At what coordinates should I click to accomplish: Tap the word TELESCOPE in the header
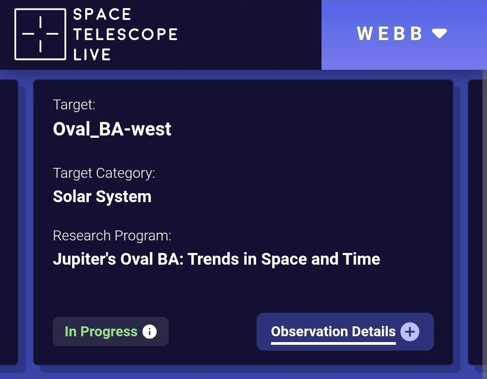tap(125, 34)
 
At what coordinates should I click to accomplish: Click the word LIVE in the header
tap(92, 54)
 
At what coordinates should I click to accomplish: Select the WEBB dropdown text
tap(390, 33)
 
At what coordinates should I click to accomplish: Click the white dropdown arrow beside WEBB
tap(440, 33)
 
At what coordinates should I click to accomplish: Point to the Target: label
tap(74, 104)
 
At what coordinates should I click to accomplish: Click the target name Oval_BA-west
tap(112, 129)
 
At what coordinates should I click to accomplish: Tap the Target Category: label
tap(104, 173)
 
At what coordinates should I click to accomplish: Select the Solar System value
tap(102, 197)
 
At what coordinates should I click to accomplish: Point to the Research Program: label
tap(112, 236)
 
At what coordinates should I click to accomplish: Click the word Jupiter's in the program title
tap(84, 259)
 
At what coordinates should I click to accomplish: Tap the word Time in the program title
tap(361, 259)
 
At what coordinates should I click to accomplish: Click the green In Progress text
tap(101, 332)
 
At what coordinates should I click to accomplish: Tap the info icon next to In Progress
tap(149, 332)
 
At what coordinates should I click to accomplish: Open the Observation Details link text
tap(333, 332)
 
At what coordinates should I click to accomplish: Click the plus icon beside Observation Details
tap(409, 332)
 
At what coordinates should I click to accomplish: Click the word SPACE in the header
tap(102, 14)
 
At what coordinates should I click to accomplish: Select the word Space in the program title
tap(284, 259)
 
